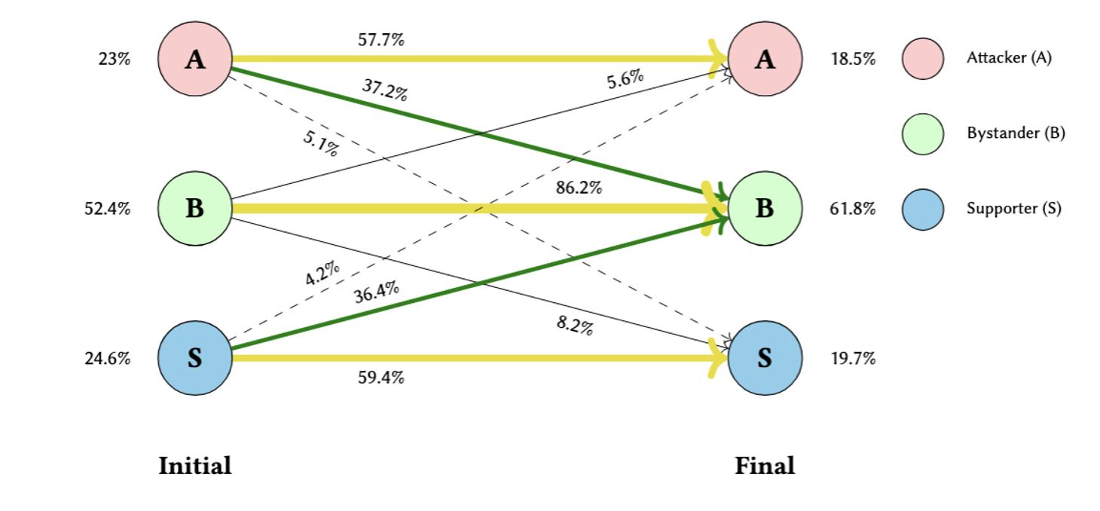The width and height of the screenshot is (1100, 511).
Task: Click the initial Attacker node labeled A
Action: pos(194,59)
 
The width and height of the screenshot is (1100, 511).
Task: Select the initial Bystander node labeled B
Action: pos(194,209)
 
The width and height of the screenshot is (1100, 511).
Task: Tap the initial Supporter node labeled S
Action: pos(194,358)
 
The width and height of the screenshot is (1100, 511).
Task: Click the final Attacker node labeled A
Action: pos(765,59)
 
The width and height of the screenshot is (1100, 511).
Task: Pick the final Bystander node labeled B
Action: pos(765,209)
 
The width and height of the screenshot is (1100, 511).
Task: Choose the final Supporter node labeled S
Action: pos(765,358)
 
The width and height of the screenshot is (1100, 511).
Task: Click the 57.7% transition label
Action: pos(380,40)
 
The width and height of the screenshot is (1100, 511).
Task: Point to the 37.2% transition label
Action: pos(384,91)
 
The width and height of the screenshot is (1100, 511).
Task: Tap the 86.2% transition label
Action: pos(579,188)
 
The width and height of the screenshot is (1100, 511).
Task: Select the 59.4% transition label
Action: pos(380,378)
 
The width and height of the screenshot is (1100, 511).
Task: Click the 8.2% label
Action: pos(575,326)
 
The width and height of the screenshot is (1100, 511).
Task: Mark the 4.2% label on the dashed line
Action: pos(322,274)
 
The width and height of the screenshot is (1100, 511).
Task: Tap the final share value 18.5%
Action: pos(852,60)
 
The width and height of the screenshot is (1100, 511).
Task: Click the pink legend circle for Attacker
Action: pos(923,59)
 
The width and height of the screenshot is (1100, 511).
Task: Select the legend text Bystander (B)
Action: pos(1016,134)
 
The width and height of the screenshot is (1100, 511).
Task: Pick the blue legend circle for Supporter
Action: pos(923,209)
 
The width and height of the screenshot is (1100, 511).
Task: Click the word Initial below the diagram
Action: pos(194,466)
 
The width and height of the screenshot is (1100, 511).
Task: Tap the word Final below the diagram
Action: pos(765,466)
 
